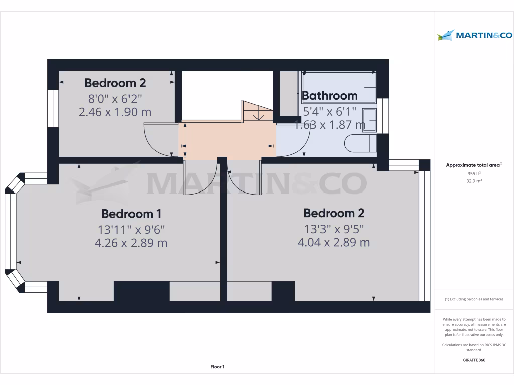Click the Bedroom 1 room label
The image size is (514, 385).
131,214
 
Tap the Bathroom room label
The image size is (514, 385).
330,95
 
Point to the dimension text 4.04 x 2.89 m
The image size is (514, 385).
334,243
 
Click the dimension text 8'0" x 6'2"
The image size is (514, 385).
115,99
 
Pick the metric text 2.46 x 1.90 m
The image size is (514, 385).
115,112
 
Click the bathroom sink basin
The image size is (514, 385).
370,120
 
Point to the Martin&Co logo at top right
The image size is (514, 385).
474,35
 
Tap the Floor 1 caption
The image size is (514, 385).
217,367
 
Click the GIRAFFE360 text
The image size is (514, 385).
474,360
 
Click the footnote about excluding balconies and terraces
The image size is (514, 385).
474,299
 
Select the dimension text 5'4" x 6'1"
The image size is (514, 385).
330,111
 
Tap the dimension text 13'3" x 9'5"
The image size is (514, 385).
334,229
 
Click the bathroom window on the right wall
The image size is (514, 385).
383,116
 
